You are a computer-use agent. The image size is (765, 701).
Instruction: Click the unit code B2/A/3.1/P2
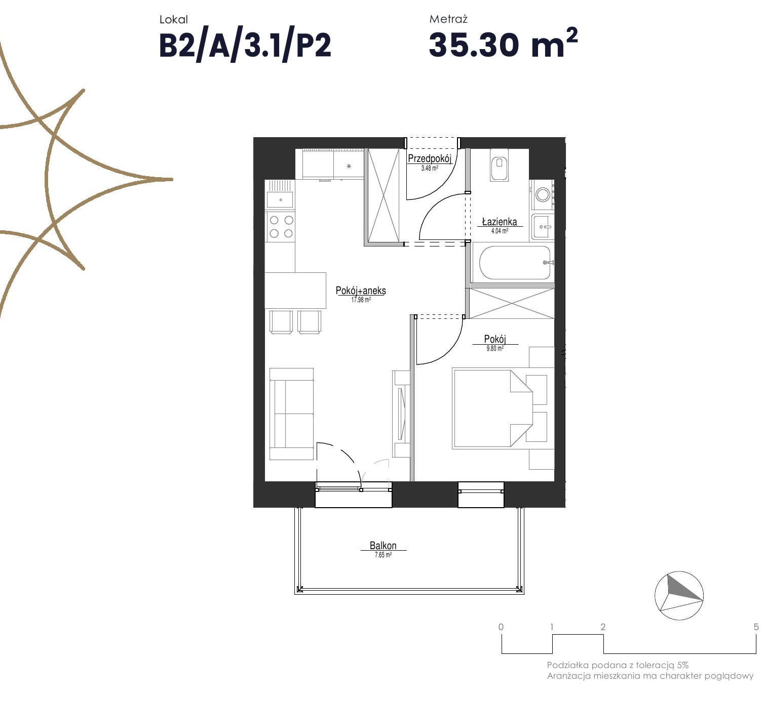245,46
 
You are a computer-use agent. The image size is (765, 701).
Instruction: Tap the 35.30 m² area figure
503,43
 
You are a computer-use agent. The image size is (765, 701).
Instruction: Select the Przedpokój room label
430,158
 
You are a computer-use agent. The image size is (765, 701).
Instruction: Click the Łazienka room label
499,221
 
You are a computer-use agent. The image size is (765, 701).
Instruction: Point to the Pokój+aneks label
360,291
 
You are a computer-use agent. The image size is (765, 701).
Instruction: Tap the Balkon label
383,545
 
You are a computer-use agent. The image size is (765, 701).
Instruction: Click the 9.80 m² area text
495,348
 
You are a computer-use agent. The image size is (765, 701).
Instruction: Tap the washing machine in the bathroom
542,195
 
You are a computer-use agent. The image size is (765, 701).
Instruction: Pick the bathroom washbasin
542,226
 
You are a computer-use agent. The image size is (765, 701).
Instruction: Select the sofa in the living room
291,414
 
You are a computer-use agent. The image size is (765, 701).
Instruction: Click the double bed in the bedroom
503,408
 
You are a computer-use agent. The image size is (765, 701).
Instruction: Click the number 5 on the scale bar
756,627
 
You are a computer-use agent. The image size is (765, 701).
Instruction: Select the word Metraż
448,19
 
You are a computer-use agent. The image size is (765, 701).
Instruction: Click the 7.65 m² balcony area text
383,555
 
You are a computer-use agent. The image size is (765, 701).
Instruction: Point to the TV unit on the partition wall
401,414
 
